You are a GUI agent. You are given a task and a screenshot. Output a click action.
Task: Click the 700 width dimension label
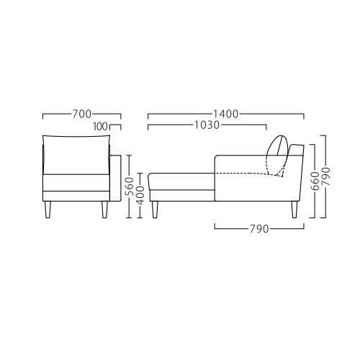click(x=82, y=114)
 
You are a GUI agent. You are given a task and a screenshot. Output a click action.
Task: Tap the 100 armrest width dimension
click(x=101, y=127)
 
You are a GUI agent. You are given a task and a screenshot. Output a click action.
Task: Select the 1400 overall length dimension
click(x=226, y=114)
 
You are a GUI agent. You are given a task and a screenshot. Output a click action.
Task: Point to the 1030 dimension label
click(x=207, y=125)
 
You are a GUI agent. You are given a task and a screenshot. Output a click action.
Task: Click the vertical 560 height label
click(x=130, y=186)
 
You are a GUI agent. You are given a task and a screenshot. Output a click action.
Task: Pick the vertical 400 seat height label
click(x=140, y=196)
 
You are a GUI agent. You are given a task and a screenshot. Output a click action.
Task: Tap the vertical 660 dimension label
click(x=315, y=181)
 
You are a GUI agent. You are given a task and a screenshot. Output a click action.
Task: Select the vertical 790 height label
click(x=326, y=176)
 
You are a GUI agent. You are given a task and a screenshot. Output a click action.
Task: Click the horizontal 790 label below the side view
click(x=259, y=229)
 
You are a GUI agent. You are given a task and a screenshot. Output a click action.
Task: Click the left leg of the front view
click(x=48, y=210)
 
